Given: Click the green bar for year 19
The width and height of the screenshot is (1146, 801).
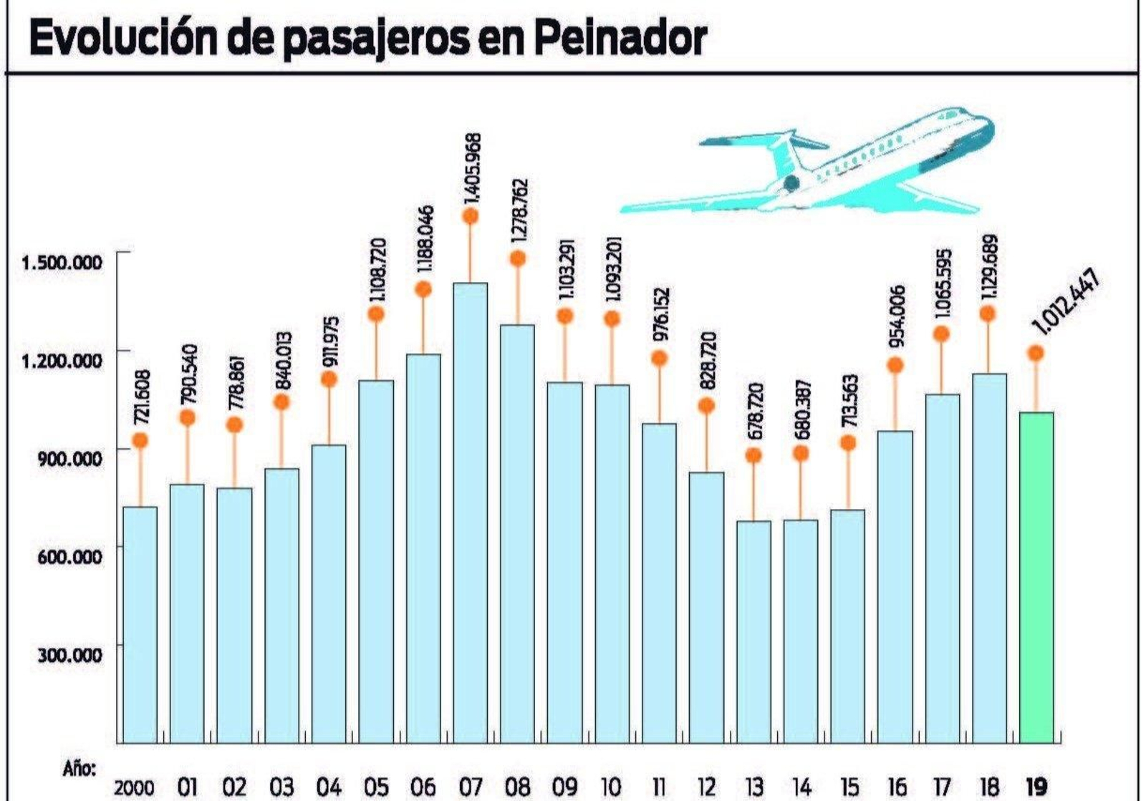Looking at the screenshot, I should click(1036, 577).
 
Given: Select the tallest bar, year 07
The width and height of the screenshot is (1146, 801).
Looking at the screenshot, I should click(470, 513).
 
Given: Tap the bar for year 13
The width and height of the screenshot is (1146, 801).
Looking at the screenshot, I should click(753, 631).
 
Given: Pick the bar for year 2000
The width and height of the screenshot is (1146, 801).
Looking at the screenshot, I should click(140, 624).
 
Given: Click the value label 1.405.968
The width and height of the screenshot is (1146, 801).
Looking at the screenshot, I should click(472, 168).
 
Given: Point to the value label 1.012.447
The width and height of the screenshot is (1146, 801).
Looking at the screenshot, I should click(1065, 301).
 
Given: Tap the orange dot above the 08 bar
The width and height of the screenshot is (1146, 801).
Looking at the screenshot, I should click(518, 258).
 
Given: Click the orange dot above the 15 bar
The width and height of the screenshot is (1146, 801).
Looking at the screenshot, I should click(848, 443).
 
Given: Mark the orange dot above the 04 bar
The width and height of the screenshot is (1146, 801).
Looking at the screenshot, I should click(329, 379).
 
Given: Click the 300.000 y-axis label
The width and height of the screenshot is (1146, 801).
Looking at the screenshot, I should click(69, 654).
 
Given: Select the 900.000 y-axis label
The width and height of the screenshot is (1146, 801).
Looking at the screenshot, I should click(69, 457).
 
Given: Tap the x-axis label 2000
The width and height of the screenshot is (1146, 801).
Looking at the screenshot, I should click(134, 787).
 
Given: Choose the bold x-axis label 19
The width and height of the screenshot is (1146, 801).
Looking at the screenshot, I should click(1036, 787).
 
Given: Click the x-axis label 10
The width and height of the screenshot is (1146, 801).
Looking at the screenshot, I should click(611, 787).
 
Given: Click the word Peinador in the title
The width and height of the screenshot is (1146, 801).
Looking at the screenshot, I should click(620, 39).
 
